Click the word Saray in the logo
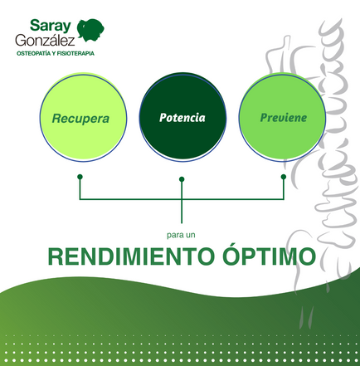51,27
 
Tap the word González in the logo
45,41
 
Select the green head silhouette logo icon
90,31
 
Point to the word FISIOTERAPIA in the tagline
75,53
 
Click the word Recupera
80,119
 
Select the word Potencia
182,118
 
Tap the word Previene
284,118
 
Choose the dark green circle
182,116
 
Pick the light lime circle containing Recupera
83,117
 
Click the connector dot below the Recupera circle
80,177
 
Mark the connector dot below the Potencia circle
182,179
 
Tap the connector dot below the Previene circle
284,177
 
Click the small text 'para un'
181,236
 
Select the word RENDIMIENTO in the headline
131,256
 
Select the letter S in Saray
35,25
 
